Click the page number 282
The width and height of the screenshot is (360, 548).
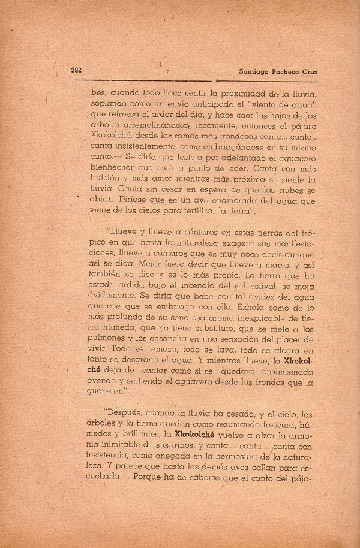point(76,70)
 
